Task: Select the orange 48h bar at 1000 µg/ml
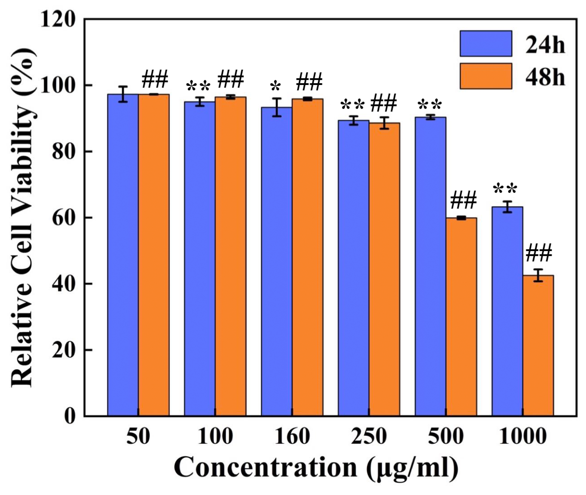click(x=538, y=345)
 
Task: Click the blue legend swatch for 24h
click(x=486, y=43)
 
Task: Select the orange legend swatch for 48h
click(x=486, y=76)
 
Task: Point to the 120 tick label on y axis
click(x=58, y=20)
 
